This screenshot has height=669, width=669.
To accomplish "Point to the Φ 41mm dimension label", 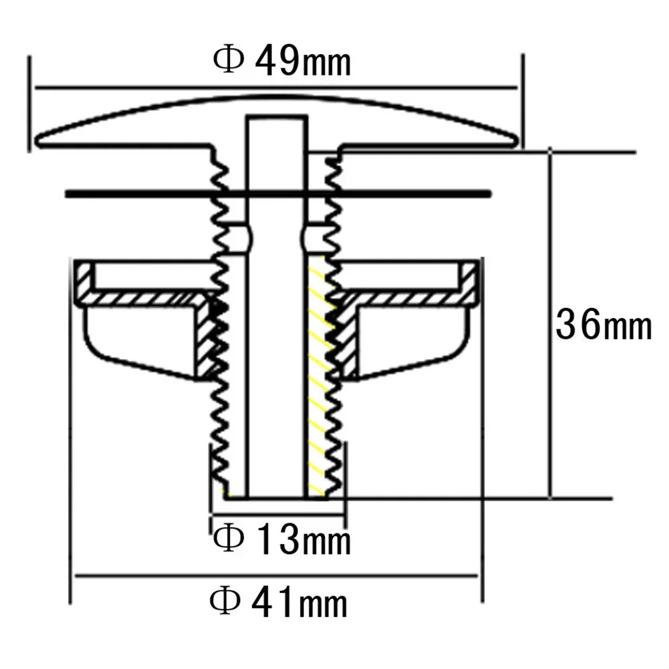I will [279, 604].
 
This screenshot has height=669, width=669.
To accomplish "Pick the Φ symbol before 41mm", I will [225, 604].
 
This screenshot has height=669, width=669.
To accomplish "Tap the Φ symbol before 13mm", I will [227, 540].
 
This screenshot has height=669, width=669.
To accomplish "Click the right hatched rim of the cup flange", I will [471, 281].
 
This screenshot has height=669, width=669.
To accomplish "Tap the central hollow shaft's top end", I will [277, 118].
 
